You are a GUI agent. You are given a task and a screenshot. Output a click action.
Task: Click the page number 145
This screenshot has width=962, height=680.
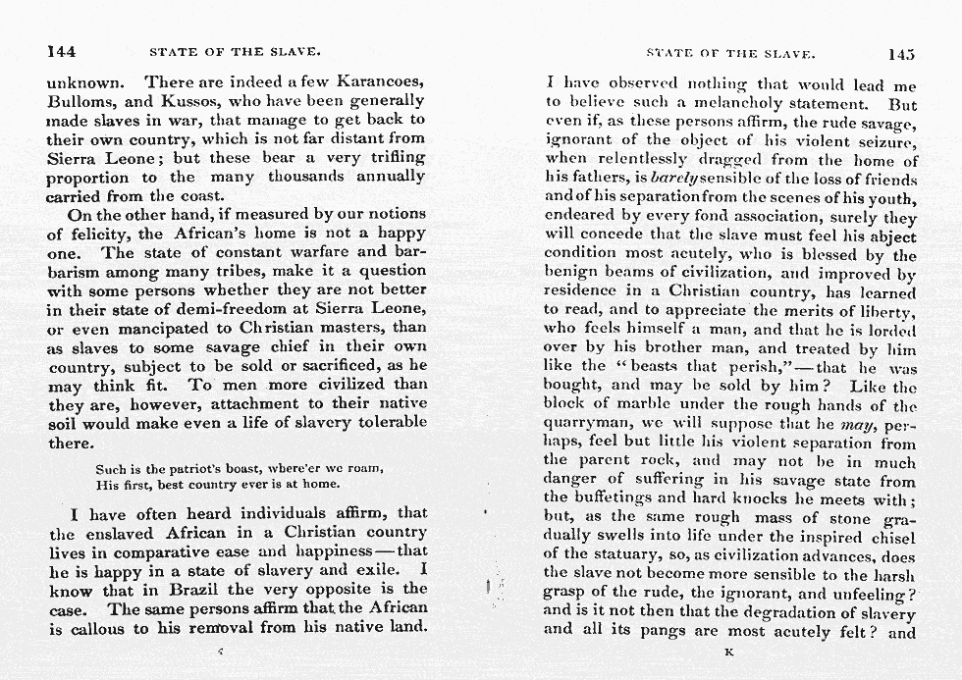900,55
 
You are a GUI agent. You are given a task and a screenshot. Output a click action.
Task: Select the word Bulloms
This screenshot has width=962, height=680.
82,100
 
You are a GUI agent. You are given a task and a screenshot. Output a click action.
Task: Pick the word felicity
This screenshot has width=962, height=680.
91,234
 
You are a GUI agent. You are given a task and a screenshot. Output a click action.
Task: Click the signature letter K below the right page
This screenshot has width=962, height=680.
728,651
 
